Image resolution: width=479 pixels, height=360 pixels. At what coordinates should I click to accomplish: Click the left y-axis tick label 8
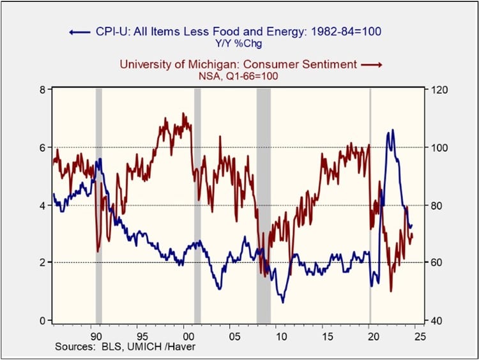(x=40, y=90)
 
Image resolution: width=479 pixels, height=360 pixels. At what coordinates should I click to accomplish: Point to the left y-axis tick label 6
(x=40, y=147)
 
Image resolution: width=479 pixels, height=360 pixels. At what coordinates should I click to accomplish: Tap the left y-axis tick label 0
(x=40, y=320)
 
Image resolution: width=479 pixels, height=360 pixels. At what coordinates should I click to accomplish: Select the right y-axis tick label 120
(x=439, y=90)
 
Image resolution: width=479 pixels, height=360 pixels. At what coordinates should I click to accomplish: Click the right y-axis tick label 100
(x=439, y=147)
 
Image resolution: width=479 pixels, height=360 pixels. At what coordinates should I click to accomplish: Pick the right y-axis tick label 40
(x=437, y=320)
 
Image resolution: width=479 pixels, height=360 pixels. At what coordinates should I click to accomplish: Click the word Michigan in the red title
(x=233, y=64)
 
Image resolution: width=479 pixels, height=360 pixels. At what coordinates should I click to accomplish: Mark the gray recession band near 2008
(x=263, y=204)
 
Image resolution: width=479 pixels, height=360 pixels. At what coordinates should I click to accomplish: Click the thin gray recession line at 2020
(x=370, y=204)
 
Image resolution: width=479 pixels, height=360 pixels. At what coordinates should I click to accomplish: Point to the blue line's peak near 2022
(x=392, y=130)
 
